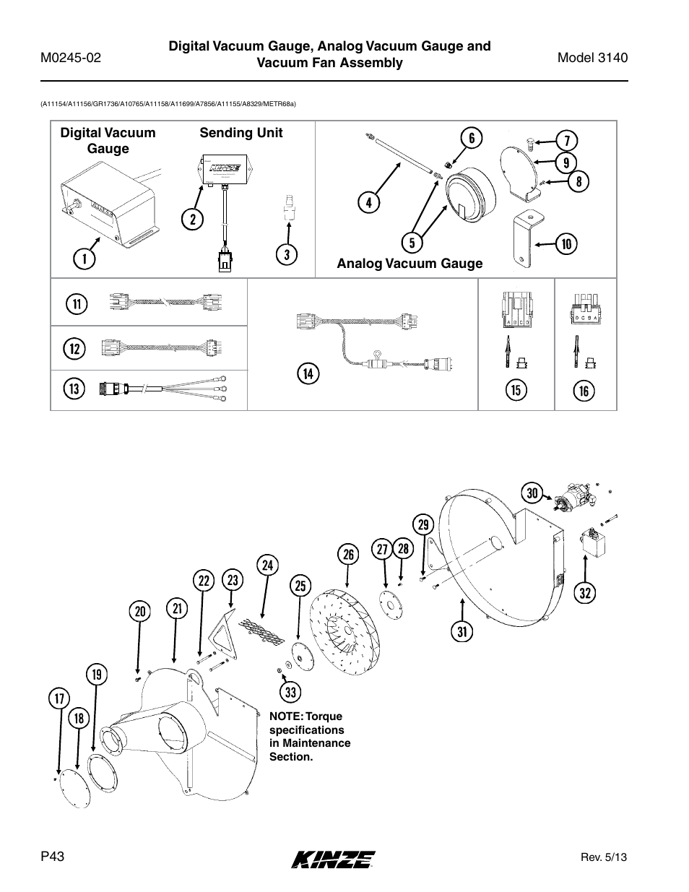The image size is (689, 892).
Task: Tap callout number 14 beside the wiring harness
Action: click(308, 373)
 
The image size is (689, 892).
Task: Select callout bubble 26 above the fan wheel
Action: click(348, 554)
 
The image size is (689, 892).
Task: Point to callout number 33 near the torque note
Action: click(290, 693)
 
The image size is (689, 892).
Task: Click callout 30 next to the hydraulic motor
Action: click(533, 493)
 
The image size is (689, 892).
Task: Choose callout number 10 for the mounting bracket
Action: click(566, 244)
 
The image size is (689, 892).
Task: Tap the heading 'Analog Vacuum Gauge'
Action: click(409, 264)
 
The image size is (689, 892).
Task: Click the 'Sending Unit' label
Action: click(241, 133)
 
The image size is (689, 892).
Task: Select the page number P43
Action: click(53, 856)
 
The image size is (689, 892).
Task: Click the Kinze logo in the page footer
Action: click(333, 858)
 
